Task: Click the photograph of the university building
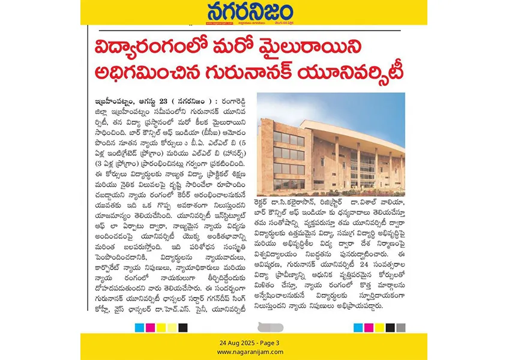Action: point(330,144)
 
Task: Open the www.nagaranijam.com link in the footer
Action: point(254,352)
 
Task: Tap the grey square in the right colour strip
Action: point(400,328)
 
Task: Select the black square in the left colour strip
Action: point(183,328)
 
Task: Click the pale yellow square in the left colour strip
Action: point(172,328)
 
